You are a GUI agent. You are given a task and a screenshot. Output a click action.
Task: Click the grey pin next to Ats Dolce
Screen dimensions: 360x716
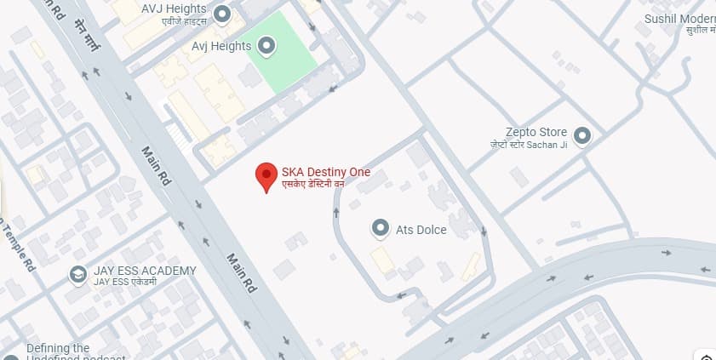381,228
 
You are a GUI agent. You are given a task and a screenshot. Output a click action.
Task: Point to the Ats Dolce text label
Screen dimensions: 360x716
421,230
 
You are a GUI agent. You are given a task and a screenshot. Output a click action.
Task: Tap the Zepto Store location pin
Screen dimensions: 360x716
582,134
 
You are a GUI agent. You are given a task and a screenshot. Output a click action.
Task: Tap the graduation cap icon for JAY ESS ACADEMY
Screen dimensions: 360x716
78,275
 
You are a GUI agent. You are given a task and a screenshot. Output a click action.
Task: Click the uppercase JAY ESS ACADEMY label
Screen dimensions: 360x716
145,271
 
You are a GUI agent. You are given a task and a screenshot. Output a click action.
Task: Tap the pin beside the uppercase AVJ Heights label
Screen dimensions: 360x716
222,14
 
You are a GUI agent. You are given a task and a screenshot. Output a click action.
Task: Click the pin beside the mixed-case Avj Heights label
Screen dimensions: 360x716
266,46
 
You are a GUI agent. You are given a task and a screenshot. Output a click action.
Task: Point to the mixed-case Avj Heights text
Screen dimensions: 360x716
221,46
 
